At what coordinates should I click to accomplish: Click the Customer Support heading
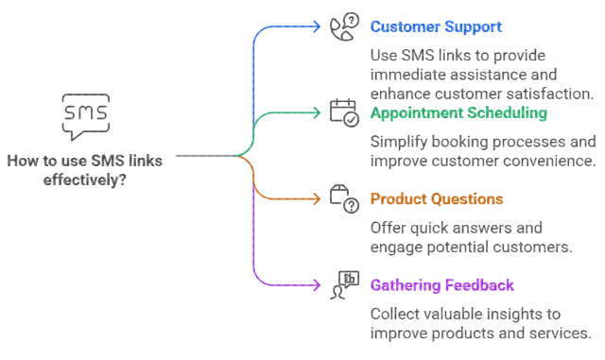point(436,26)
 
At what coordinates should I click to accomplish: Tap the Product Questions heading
point(436,198)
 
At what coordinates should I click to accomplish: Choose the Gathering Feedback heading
point(443,284)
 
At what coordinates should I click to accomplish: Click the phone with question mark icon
point(344,26)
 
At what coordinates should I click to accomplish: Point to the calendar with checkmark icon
point(344,112)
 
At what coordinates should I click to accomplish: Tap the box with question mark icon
point(344,198)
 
